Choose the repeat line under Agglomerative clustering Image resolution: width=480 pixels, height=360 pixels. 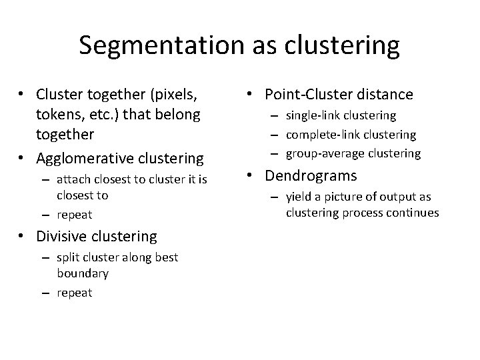(75, 215)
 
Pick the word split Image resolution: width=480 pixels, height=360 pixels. (68, 257)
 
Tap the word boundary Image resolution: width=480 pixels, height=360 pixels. (83, 273)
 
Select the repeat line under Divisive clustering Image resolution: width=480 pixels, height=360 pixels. (75, 293)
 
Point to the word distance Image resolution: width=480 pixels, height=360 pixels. (389, 95)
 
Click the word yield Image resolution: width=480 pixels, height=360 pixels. (298, 197)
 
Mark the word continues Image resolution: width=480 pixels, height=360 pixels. (415, 213)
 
